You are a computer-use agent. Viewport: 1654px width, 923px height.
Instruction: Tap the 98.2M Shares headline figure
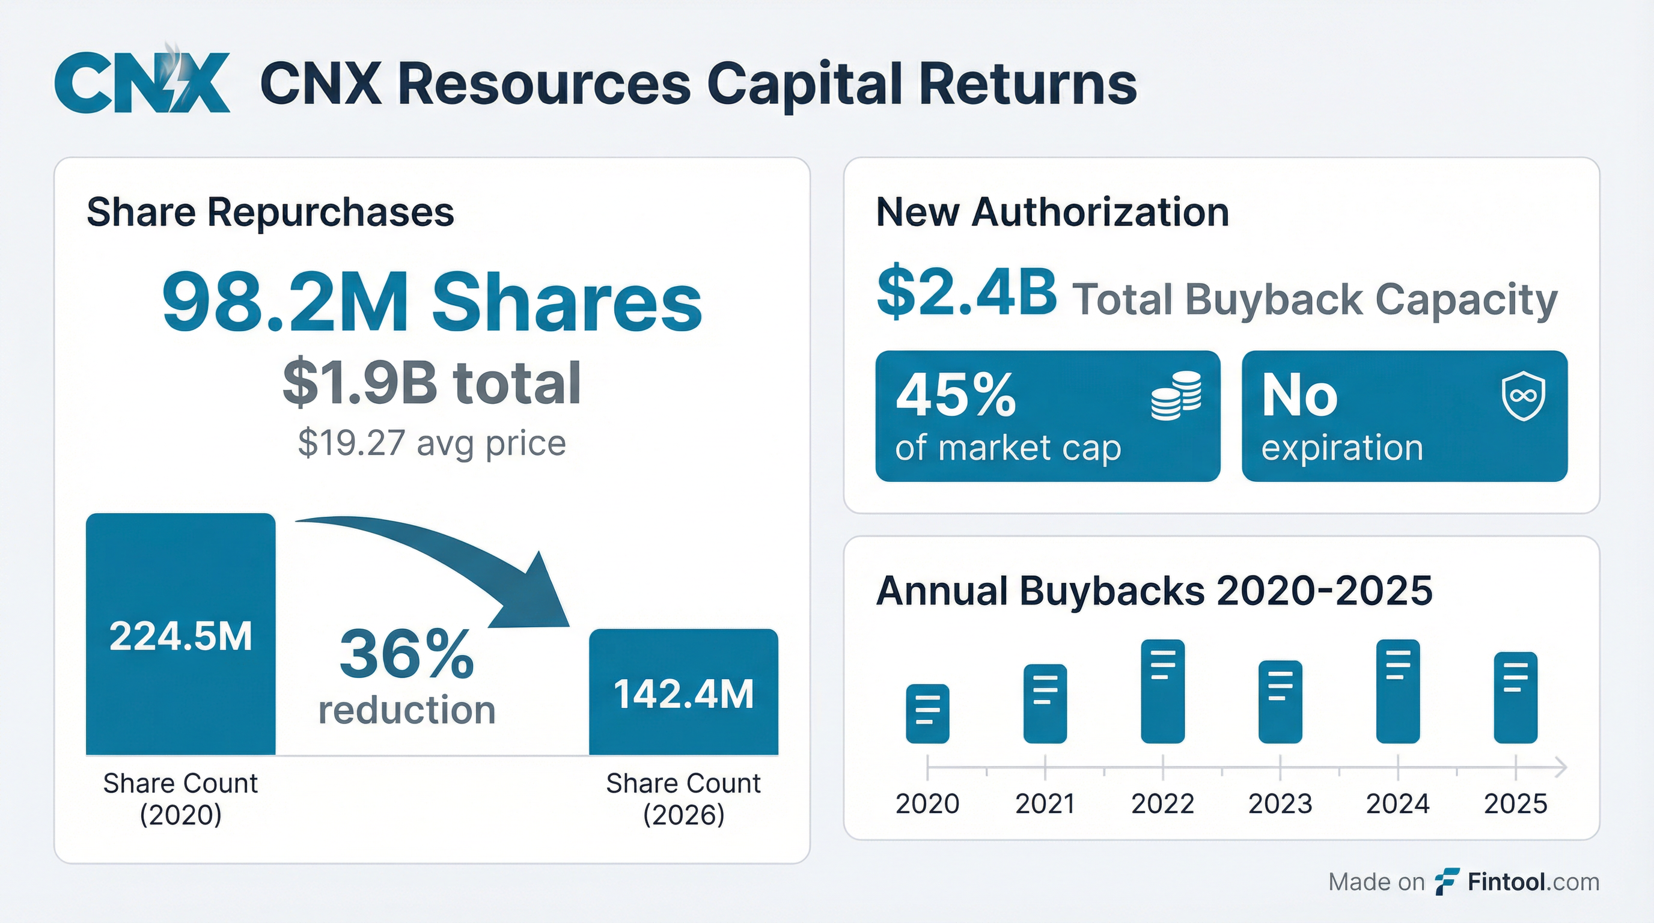432,302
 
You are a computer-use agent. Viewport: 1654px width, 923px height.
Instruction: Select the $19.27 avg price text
432,443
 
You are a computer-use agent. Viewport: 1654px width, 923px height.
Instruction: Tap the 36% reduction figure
406,655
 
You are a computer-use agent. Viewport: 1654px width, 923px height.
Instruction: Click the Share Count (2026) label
683,799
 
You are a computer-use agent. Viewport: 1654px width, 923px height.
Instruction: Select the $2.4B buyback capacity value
966,293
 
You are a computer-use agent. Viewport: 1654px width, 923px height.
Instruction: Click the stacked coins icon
1176,395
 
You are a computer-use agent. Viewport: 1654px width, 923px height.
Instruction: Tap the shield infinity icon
1523,397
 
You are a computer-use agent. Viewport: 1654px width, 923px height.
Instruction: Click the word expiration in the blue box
1342,448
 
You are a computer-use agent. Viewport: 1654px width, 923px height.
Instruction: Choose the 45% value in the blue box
956,394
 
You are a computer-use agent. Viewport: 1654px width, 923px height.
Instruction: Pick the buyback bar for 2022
1162,691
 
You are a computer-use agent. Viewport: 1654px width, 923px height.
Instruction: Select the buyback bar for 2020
927,714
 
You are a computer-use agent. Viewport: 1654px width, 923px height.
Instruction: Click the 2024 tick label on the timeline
1397,803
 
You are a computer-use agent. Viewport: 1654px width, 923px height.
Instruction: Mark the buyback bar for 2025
1515,697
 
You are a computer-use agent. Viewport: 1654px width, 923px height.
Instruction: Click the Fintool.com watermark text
1533,882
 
